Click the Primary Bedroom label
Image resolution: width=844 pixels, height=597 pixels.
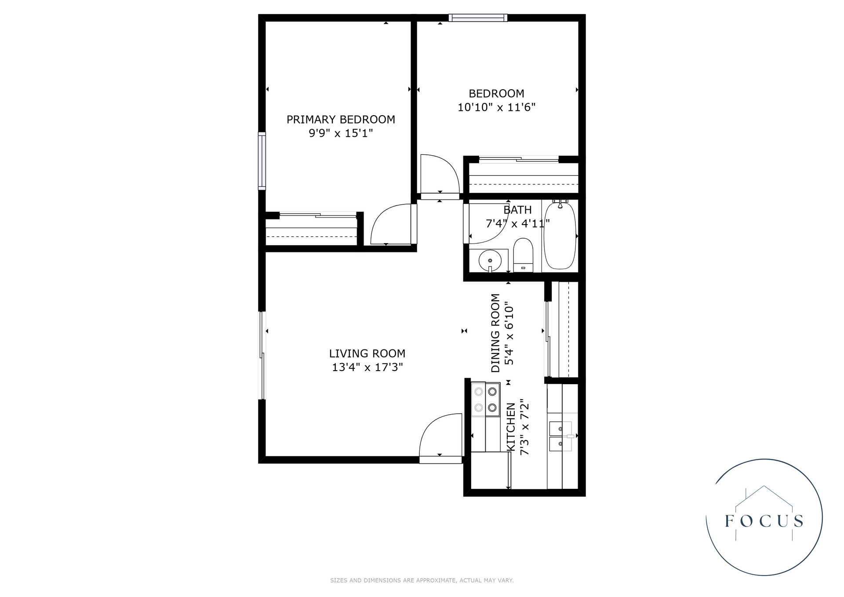(341, 119)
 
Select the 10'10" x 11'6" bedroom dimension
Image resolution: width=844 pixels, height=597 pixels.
(496, 107)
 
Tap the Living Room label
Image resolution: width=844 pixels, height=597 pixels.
(367, 353)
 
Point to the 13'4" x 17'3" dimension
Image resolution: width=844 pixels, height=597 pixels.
(367, 367)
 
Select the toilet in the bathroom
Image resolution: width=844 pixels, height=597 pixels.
(523, 255)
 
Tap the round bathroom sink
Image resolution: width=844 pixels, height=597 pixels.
(490, 260)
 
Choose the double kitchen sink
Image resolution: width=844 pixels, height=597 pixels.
(560, 436)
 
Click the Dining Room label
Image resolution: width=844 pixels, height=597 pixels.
(495, 333)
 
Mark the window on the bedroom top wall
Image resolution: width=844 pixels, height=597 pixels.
(478, 18)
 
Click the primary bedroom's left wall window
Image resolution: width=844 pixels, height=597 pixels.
(262, 161)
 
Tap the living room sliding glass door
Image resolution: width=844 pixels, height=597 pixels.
(262, 355)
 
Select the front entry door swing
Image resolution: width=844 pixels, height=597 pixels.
(440, 437)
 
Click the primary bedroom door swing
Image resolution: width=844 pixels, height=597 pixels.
(391, 224)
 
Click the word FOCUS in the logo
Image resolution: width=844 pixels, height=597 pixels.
(764, 521)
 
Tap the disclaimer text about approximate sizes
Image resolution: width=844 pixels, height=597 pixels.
(422, 580)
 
